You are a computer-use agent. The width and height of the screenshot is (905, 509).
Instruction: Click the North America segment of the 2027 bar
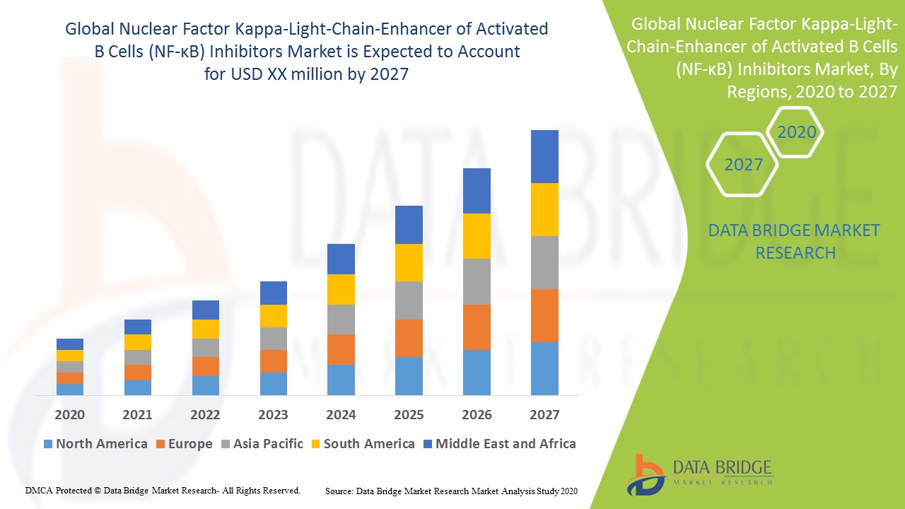(544, 368)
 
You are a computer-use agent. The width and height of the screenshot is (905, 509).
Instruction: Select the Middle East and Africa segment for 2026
(477, 191)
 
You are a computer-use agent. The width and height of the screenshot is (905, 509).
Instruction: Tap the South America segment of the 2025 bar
(409, 262)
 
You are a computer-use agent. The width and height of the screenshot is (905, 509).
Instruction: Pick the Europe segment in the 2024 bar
(341, 349)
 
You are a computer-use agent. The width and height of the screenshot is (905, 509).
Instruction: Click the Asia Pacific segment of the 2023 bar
(273, 338)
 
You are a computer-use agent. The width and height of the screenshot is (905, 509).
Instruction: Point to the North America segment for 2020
(70, 389)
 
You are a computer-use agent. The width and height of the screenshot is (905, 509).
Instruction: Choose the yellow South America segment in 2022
(205, 329)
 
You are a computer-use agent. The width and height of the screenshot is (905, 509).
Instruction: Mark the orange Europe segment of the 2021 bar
(138, 373)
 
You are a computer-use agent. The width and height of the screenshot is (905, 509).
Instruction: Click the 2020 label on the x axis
(70, 414)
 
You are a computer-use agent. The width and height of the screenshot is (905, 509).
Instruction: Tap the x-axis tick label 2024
(341, 414)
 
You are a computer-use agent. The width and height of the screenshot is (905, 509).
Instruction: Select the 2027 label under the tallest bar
(544, 414)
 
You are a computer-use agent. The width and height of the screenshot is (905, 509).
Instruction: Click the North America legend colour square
(48, 444)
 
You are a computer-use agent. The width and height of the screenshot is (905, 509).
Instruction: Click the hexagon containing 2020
(796, 132)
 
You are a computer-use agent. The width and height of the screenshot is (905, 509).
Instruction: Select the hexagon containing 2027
(743, 165)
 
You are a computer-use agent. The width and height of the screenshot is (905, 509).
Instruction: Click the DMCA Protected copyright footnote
(163, 490)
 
